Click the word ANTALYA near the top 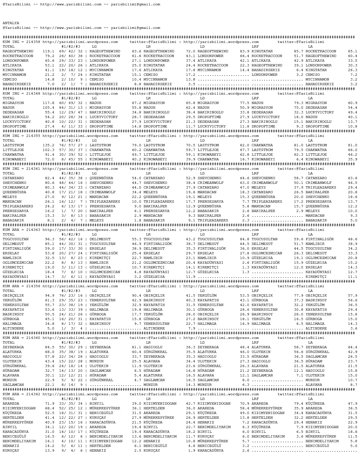11,23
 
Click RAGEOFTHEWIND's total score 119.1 48,51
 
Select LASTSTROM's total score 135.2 48,145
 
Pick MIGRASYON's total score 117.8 48,103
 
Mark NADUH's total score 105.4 48,108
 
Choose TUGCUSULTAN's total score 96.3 49,239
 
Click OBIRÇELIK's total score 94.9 49,296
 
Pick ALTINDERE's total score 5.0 51,328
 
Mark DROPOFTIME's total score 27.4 49,127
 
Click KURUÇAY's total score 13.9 49,451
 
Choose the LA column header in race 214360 310,343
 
